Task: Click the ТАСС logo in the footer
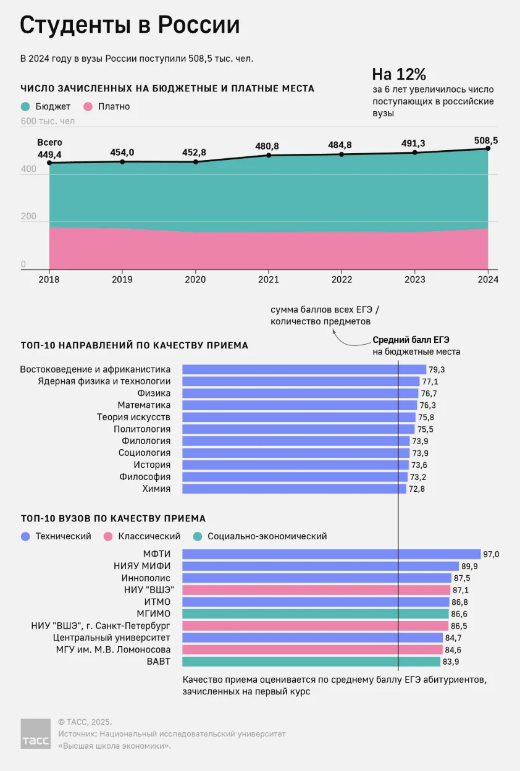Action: [35, 733]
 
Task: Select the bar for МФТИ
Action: [332, 554]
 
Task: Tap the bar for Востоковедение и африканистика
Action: [304, 369]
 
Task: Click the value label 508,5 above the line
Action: [486, 140]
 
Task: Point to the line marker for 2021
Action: [269, 155]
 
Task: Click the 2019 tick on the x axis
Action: [122, 279]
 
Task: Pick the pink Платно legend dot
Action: [88, 107]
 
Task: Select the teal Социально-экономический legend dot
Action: [198, 536]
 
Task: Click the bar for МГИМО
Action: [316, 613]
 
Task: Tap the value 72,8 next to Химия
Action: [417, 489]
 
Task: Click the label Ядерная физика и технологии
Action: [104, 381]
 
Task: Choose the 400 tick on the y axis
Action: [28, 169]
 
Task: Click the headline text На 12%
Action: [399, 74]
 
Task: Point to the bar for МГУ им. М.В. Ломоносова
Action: [312, 649]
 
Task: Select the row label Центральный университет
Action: [112, 638]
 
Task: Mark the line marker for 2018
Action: [49, 163]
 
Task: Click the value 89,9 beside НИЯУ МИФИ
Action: [469, 566]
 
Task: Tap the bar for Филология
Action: [296, 441]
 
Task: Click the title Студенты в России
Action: [130, 25]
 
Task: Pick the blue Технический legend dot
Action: [25, 536]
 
